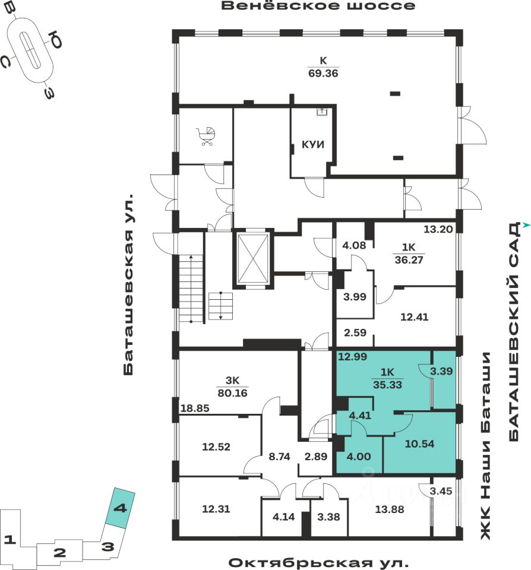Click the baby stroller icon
pyautogui.click(x=207, y=137)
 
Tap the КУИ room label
pyautogui.click(x=313, y=145)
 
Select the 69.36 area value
pyautogui.click(x=323, y=73)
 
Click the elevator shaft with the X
pyautogui.click(x=252, y=258)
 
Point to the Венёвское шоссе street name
pyautogui.click(x=318, y=7)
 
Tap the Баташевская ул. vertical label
pyautogui.click(x=129, y=285)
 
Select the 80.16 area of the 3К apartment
pyautogui.click(x=232, y=392)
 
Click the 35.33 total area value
pyautogui.click(x=387, y=384)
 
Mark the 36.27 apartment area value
pyautogui.click(x=409, y=258)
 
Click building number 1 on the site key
pyautogui.click(x=9, y=540)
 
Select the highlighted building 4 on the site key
pyautogui.click(x=121, y=509)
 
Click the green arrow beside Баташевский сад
pyautogui.click(x=526, y=225)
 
